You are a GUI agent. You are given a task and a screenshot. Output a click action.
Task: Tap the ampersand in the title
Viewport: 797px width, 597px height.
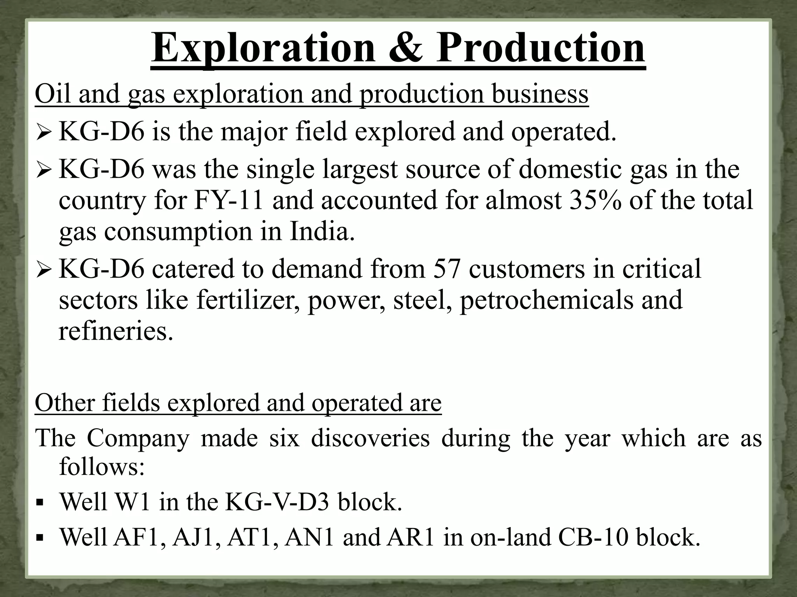(406, 48)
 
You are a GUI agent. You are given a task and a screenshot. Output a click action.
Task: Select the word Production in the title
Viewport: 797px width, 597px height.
(540, 48)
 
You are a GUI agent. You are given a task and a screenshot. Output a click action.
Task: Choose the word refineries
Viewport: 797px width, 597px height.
(116, 331)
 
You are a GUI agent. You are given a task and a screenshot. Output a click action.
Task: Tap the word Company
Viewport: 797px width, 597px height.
(138, 438)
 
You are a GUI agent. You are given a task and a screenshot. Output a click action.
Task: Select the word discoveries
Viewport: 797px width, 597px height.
(370, 438)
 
